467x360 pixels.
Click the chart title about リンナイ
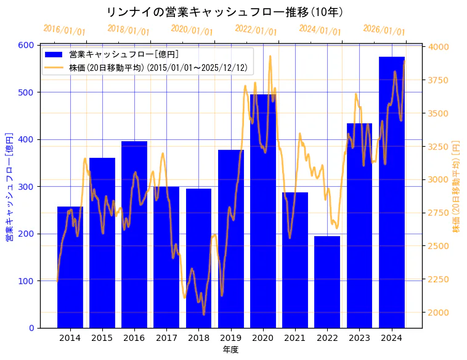pyautogui.click(x=224, y=12)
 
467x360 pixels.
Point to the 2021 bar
pyautogui.click(x=295, y=260)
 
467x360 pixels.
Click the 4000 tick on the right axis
pyautogui.click(x=439, y=47)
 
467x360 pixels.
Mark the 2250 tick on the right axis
pyautogui.click(x=439, y=279)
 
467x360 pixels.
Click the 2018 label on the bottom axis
pyautogui.click(x=198, y=337)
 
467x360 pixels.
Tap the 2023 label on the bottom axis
pyautogui.click(x=359, y=337)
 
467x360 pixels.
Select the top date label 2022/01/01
pyautogui.click(x=256, y=30)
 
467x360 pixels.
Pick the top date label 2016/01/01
pyautogui.click(x=65, y=30)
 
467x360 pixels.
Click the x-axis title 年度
pyautogui.click(x=230, y=350)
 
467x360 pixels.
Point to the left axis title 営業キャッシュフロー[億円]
pyautogui.click(x=9, y=186)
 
